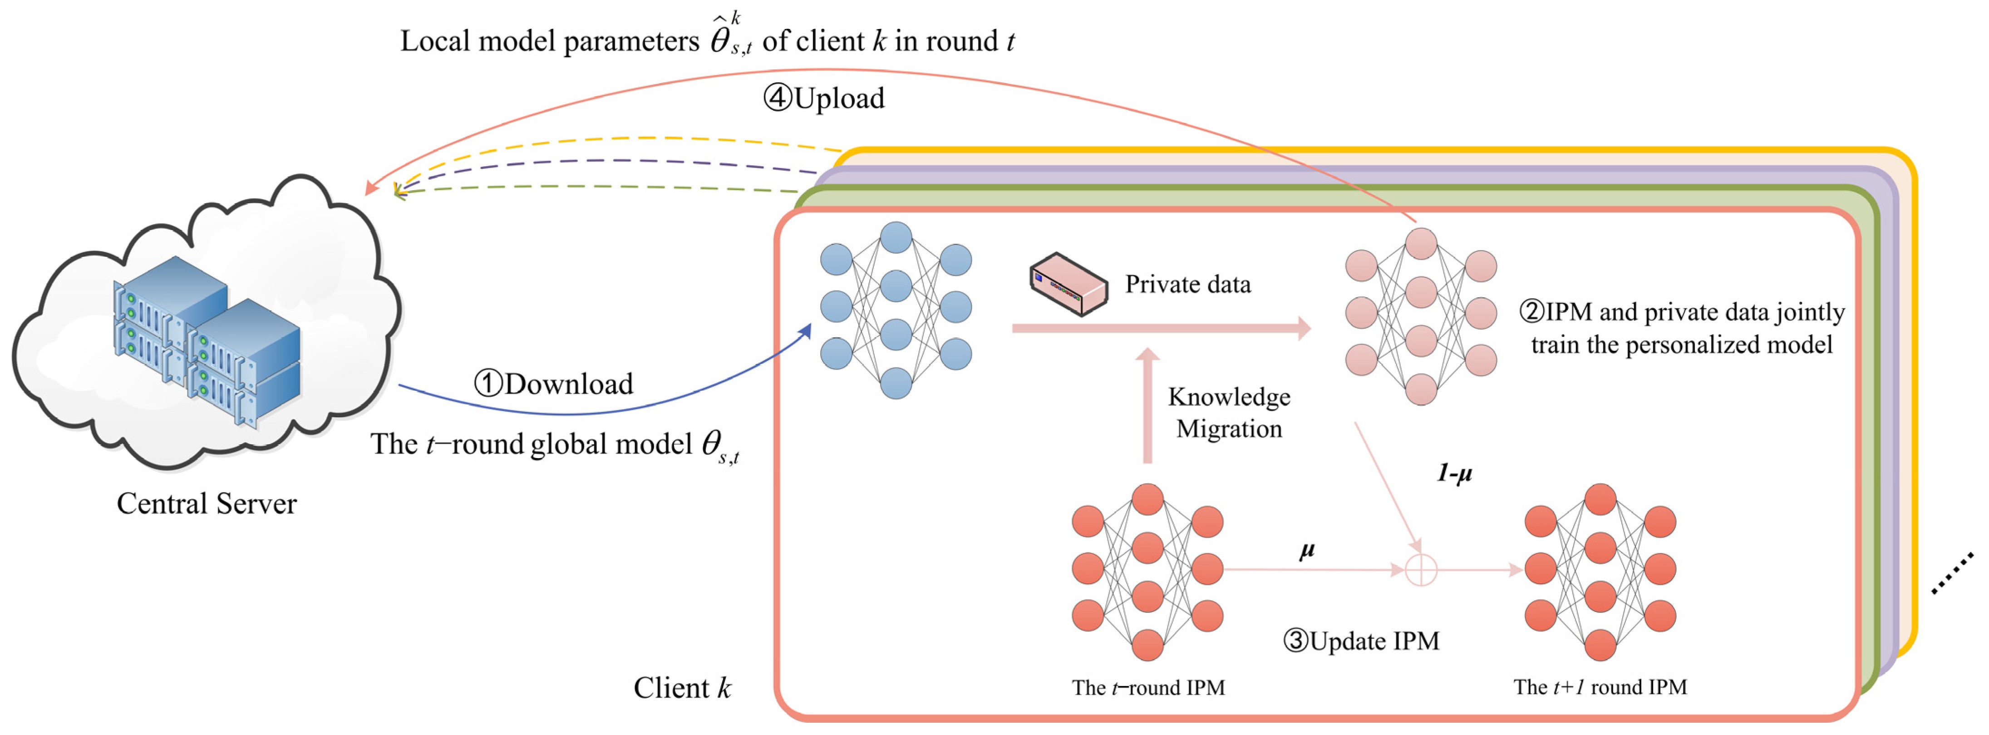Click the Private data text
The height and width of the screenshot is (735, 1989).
(x=1187, y=284)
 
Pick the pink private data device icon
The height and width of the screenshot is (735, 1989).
(x=1068, y=284)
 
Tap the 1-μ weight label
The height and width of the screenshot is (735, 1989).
(x=1454, y=473)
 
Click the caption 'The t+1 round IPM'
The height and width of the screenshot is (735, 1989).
(x=1600, y=687)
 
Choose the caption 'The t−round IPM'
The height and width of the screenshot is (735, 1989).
(x=1148, y=687)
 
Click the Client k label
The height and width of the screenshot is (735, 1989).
(x=682, y=687)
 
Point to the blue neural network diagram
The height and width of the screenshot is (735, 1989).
(x=896, y=311)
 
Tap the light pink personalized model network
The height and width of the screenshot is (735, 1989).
(x=1421, y=316)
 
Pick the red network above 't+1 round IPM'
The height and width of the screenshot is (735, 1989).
(x=1600, y=571)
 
